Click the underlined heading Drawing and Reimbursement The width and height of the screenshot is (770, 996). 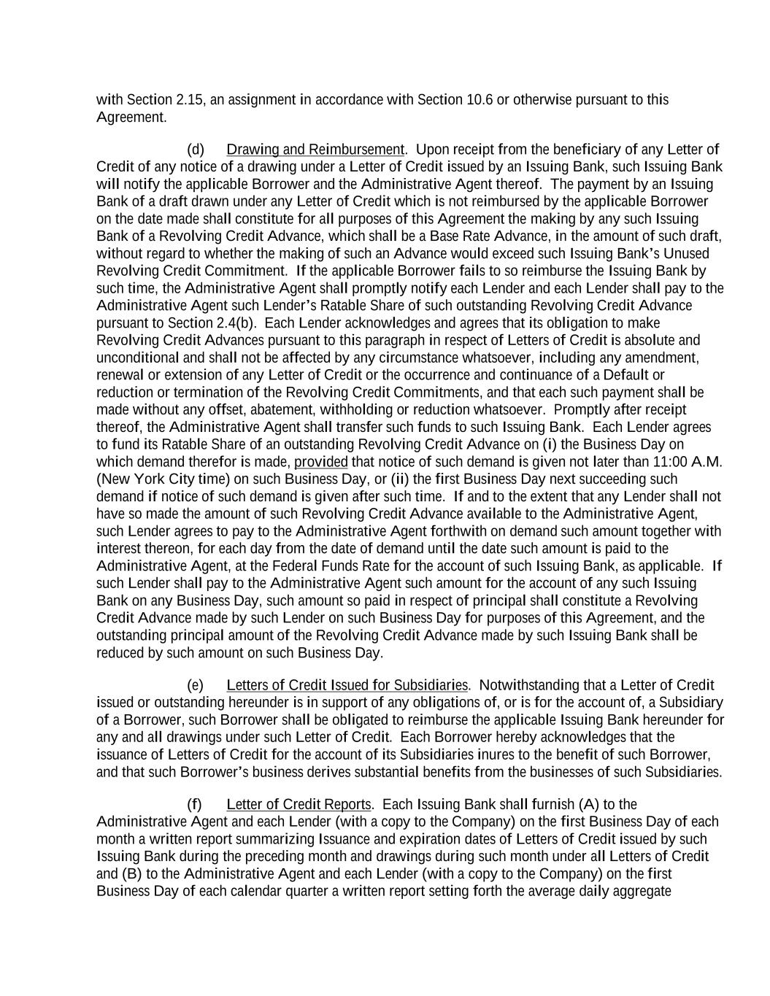point(315,150)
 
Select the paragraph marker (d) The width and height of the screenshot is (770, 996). point(196,150)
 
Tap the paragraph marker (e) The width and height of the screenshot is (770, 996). point(196,685)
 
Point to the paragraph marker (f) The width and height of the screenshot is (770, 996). point(194,805)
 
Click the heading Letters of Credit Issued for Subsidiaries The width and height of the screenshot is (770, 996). point(347,685)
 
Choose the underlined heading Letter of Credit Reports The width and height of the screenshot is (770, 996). point(299,805)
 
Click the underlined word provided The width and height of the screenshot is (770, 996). point(320,462)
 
